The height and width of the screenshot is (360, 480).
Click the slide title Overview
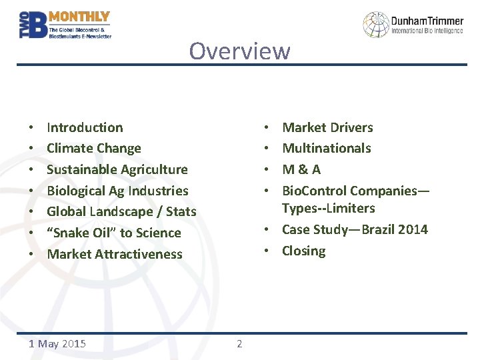(239, 51)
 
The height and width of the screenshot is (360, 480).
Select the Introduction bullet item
(85, 127)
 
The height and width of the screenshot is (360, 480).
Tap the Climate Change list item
(94, 149)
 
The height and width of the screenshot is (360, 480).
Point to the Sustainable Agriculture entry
(117, 169)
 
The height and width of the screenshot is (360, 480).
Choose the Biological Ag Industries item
(117, 191)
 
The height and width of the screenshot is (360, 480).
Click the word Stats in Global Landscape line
(181, 212)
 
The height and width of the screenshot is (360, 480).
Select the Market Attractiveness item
(114, 254)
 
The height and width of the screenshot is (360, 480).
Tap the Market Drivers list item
(327, 127)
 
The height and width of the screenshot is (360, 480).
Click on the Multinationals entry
(327, 148)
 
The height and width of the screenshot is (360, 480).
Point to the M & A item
(301, 169)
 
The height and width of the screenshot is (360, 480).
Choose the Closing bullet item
(303, 251)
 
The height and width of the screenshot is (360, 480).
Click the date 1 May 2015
(58, 344)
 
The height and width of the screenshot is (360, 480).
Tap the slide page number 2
(239, 344)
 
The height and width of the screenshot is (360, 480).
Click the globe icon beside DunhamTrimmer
(375, 25)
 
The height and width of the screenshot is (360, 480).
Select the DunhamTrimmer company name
(427, 21)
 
